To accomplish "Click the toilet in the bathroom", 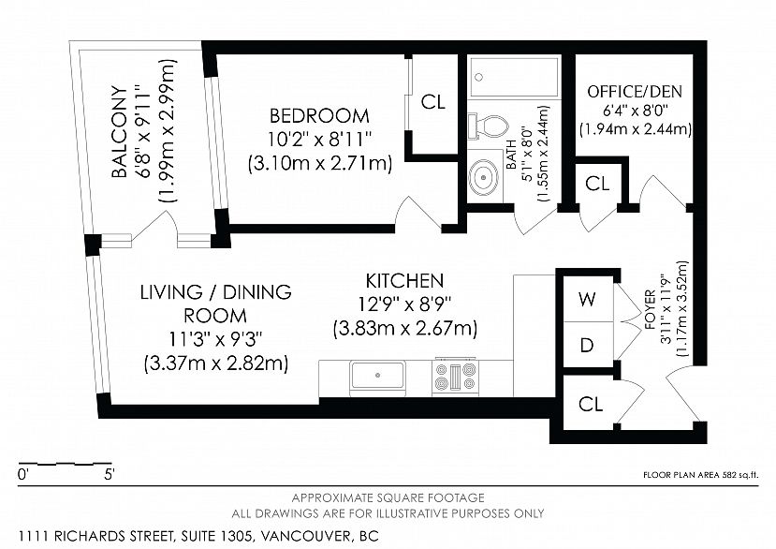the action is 489,126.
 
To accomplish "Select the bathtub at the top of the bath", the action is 514,78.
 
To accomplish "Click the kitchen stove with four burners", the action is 456,377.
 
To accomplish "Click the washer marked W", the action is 588,299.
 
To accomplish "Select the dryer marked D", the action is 588,345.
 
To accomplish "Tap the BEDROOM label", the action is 319,116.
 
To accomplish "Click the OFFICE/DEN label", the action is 635,92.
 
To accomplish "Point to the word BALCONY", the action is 119,132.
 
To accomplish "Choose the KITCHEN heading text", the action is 404,281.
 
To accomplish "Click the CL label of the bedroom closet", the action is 433,102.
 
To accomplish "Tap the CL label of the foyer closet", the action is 591,405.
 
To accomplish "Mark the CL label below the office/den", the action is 597,184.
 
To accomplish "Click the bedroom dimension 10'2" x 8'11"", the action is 319,140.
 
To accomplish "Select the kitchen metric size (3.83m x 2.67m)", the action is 405,329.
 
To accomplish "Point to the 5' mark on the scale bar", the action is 110,474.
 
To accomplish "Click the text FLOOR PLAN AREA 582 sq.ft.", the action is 700,475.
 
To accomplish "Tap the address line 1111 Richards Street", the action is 198,536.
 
